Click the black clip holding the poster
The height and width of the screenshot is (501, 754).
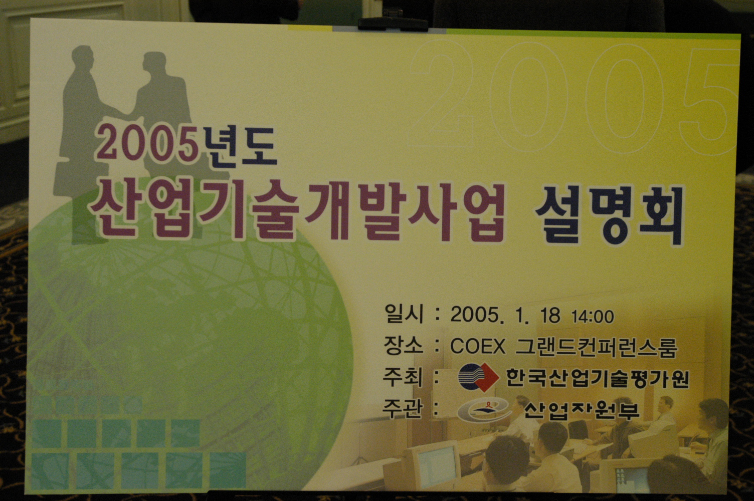click(x=393, y=24)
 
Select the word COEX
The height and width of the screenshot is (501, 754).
click(x=478, y=346)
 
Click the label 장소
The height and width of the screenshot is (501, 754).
click(x=403, y=345)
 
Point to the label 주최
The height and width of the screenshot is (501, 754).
click(x=403, y=377)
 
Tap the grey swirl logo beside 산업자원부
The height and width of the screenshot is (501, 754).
click(x=484, y=409)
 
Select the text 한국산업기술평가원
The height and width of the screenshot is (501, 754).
click(x=598, y=379)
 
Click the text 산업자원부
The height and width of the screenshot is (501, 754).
click(x=582, y=410)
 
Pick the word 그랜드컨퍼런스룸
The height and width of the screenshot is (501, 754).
click(x=596, y=347)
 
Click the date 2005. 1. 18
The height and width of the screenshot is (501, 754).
click(x=505, y=315)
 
